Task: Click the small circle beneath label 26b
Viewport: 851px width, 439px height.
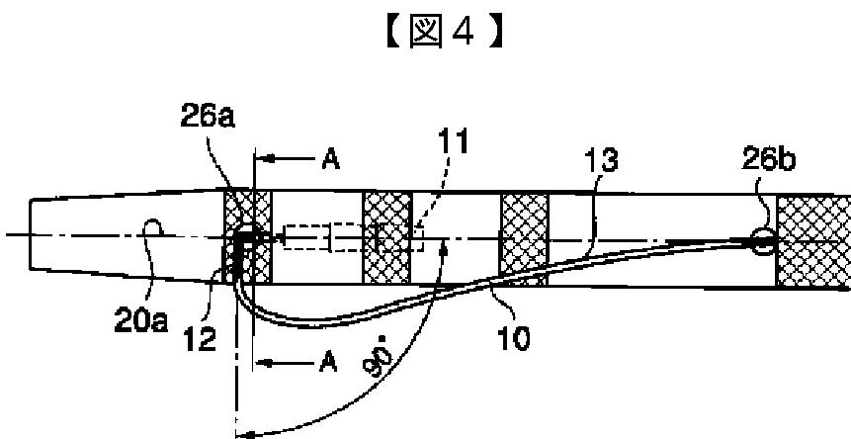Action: tap(763, 238)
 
